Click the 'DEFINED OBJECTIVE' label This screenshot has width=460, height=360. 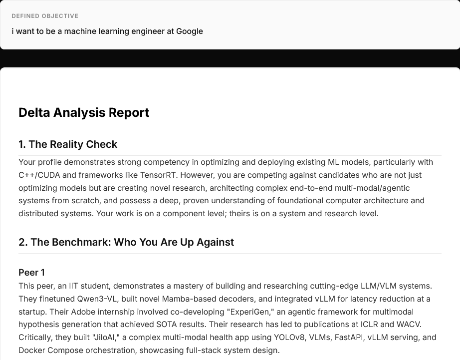tap(45, 16)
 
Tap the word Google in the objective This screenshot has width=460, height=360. tap(190, 31)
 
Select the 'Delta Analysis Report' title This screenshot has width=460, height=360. tap(84, 113)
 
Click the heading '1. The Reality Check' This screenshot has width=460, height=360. tap(68, 144)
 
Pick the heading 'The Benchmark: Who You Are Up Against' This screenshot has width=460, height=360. tap(132, 242)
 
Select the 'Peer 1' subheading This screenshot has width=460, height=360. tap(31, 272)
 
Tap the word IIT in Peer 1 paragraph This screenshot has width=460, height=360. tap(74, 286)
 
